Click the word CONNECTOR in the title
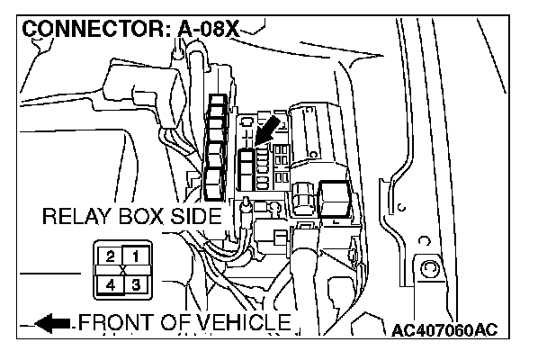click(86, 29)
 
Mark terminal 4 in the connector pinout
click(110, 284)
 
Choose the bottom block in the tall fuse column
click(213, 188)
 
